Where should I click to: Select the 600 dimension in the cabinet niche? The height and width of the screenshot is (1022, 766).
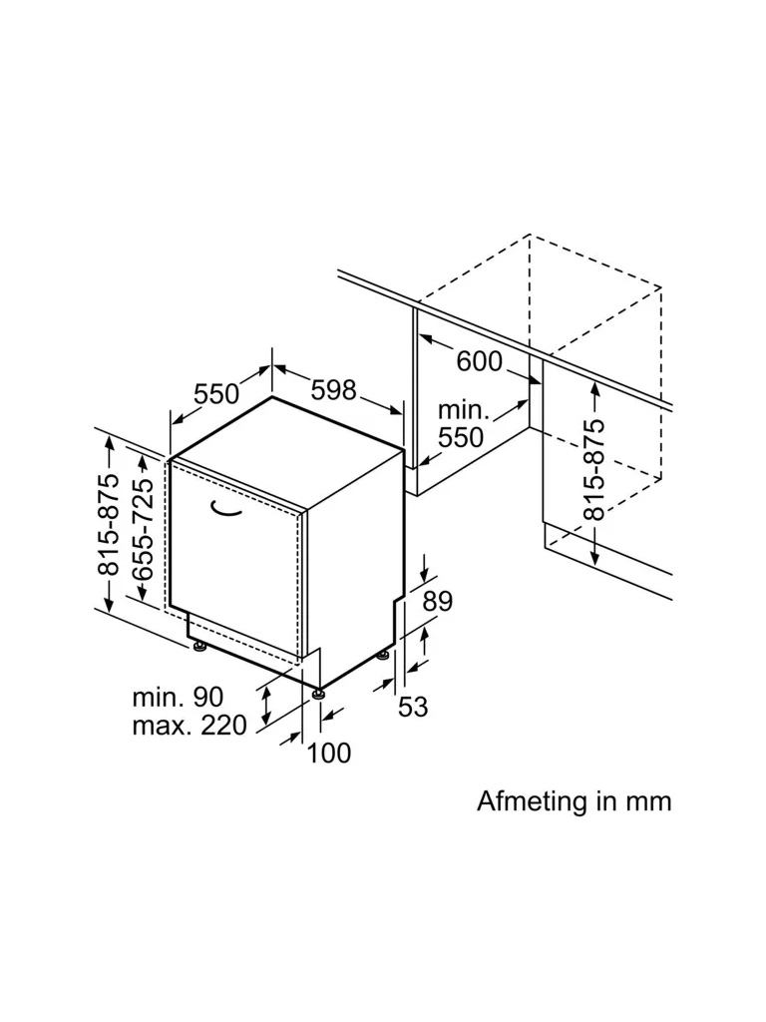tap(480, 360)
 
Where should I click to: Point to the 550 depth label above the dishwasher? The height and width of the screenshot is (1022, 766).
tap(217, 394)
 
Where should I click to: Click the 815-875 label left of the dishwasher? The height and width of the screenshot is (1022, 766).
tap(107, 524)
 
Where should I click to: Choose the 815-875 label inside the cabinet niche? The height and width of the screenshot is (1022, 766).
tap(594, 469)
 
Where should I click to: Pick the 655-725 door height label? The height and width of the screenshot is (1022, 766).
tap(142, 529)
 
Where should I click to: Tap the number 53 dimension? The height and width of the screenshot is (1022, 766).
tap(413, 707)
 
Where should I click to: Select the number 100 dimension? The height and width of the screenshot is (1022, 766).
tap(329, 753)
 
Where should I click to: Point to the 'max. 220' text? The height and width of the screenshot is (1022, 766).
tap(189, 726)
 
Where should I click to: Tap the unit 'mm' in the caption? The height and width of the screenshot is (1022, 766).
tap(647, 800)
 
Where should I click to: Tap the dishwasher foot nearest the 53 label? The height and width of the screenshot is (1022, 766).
tap(384, 656)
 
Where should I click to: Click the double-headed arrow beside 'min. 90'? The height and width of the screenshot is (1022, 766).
tap(266, 705)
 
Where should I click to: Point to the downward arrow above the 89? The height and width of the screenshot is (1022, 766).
tap(426, 569)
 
